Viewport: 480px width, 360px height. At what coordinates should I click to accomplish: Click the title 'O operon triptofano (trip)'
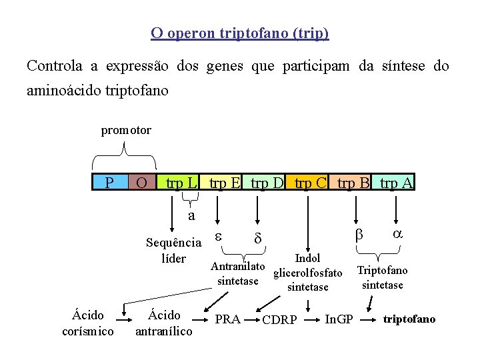tap(240, 33)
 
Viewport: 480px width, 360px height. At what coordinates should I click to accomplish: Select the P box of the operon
tap(109, 182)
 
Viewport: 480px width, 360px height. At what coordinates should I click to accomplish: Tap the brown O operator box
tap(141, 182)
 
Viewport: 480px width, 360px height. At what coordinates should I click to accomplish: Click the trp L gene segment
tap(181, 182)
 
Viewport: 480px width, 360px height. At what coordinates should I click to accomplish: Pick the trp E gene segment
tap(225, 182)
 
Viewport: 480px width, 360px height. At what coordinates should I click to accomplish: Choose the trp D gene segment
tap(267, 182)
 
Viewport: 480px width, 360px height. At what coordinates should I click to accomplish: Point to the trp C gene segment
tap(310, 182)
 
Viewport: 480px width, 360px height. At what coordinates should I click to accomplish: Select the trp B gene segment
tap(353, 182)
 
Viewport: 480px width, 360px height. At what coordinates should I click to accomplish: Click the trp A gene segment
tap(396, 182)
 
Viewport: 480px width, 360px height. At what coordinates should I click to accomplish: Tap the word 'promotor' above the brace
tap(126, 130)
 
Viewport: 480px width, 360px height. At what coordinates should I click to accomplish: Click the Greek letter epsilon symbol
tap(218, 236)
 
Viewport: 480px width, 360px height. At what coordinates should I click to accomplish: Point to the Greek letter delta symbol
tap(258, 238)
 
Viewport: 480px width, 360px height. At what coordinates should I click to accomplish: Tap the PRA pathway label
tap(228, 319)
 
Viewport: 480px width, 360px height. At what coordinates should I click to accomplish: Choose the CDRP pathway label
tap(280, 320)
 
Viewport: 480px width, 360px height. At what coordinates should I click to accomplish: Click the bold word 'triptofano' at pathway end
tap(409, 319)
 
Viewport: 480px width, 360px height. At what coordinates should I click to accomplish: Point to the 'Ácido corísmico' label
tap(87, 323)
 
